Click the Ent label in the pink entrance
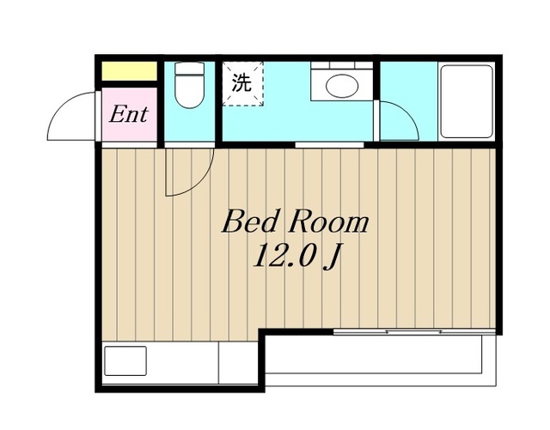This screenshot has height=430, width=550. (129, 114)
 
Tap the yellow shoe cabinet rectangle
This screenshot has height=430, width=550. (129, 70)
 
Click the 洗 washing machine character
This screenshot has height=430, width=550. (241, 83)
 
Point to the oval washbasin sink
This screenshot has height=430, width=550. (342, 86)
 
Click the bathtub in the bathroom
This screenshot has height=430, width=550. (467, 101)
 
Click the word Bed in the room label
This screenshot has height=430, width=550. (248, 221)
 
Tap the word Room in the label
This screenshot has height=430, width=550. (328, 222)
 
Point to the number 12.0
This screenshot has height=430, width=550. (283, 256)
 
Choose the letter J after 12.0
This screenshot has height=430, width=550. (333, 257)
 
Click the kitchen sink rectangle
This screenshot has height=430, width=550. (125, 360)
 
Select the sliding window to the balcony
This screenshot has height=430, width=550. (414, 331)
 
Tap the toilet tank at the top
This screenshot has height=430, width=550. (189, 68)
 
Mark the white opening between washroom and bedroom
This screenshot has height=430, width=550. (329, 144)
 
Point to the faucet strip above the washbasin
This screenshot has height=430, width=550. (342, 65)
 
